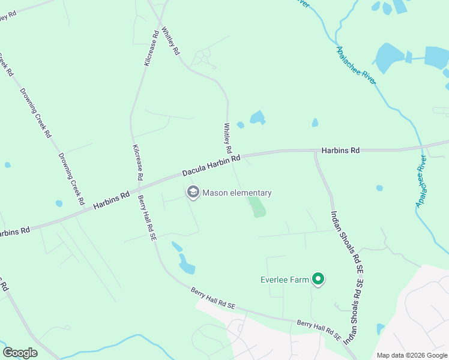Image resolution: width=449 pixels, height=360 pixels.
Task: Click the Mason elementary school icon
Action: pos(193,192)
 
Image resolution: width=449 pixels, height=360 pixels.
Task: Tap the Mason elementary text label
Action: pos(237,193)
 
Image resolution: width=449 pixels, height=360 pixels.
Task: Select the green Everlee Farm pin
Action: pos(319,279)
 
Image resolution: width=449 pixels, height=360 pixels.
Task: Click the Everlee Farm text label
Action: pos(284,280)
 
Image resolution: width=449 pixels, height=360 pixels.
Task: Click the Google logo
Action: pos(20,353)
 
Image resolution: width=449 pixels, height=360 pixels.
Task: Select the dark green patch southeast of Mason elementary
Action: pos(257,208)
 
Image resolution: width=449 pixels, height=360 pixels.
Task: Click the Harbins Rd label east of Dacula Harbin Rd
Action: pos(340,151)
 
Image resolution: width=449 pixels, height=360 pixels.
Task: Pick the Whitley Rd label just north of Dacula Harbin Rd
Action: pos(228,138)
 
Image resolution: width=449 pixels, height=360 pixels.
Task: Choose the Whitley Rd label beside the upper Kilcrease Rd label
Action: pos(171,40)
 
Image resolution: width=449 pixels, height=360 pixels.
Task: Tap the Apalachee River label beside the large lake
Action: pos(356,65)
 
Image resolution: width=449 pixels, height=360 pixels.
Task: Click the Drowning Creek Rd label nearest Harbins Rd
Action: pos(71,179)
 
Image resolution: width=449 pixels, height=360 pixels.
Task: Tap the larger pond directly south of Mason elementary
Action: pos(187,264)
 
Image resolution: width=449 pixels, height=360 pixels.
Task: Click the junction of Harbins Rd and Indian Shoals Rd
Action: pos(316,151)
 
